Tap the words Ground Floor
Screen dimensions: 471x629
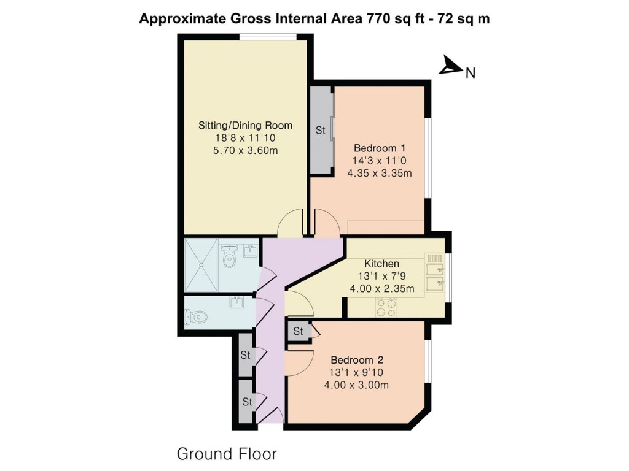pyautogui.click(x=227, y=454)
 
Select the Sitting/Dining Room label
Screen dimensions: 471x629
pyautogui.click(x=245, y=126)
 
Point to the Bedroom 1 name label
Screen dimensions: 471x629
pyautogui.click(x=379, y=148)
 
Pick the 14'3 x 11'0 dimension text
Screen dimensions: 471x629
pyautogui.click(x=379, y=161)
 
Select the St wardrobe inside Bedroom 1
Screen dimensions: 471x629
pyautogui.click(x=320, y=130)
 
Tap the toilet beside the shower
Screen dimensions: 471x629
pyautogui.click(x=230, y=258)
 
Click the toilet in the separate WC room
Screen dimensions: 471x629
pyautogui.click(x=197, y=316)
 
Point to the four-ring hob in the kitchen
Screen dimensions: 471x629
pyautogui.click(x=386, y=307)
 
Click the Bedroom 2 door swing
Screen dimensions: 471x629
pyautogui.click(x=299, y=362)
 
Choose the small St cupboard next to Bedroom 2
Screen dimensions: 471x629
pyautogui.click(x=299, y=332)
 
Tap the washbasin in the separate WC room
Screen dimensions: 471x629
pyautogui.click(x=236, y=301)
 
